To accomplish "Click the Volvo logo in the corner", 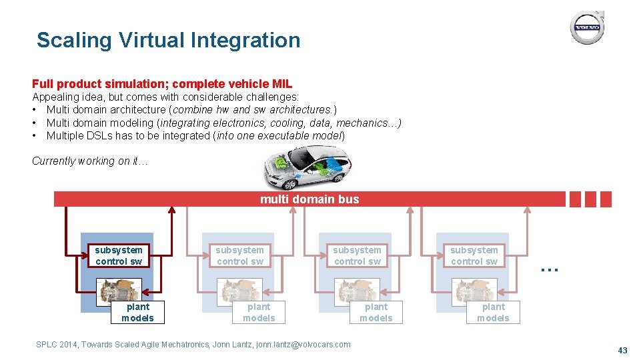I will pyautogui.click(x=587, y=28).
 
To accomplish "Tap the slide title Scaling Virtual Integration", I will pyautogui.click(x=168, y=40).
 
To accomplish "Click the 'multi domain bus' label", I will pyautogui.click(x=309, y=199).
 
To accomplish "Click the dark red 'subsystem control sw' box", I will pyautogui.click(x=119, y=255).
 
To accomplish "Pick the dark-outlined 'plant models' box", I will pyautogui.click(x=137, y=312).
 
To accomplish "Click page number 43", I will pyautogui.click(x=622, y=351).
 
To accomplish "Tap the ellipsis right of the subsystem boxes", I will pyautogui.click(x=549, y=268).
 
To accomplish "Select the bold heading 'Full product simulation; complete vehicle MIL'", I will pyautogui.click(x=162, y=84).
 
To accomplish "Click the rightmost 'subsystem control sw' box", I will pyautogui.click(x=474, y=255).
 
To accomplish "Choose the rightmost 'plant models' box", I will pyautogui.click(x=493, y=312).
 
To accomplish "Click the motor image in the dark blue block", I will pyautogui.click(x=119, y=291).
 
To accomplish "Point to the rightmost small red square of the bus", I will pyautogui.click(x=605, y=199).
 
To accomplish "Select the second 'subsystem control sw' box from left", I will pyautogui.click(x=239, y=255).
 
